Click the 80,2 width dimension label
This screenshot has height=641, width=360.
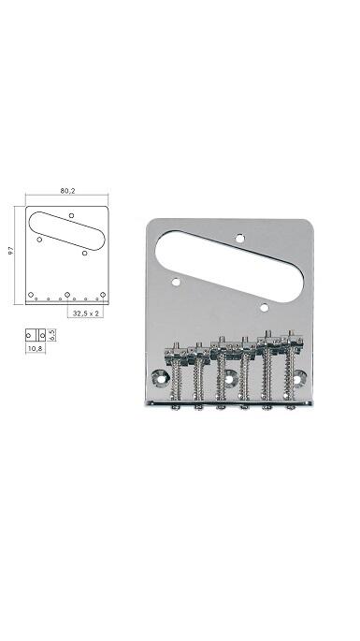pos(67,191)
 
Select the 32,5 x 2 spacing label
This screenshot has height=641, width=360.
pos(85,313)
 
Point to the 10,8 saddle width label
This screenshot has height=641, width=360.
pos(36,349)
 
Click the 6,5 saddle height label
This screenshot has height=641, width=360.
pos(51,335)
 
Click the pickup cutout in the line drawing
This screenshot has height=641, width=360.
pos(66,230)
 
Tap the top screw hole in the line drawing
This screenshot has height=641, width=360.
pos(71,215)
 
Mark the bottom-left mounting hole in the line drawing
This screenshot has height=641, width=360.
pos(31,295)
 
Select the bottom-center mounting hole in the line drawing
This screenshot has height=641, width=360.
pos(67,295)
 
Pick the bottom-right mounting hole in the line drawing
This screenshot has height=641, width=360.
pos(103,295)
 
